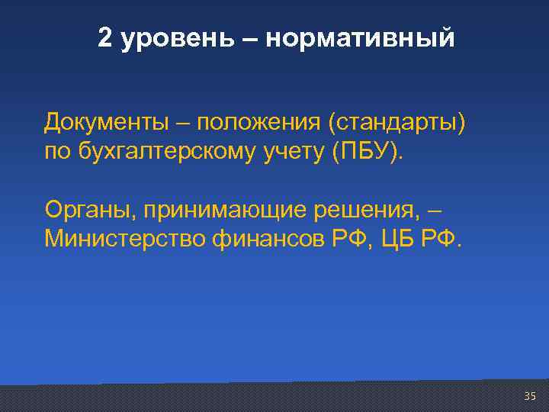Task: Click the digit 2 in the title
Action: [105, 38]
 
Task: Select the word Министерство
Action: [125, 240]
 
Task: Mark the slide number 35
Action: [531, 395]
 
